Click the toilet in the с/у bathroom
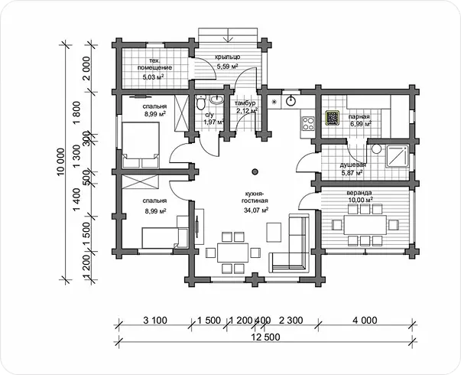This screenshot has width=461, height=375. (x=201, y=102)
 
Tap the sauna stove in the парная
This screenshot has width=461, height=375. (x=333, y=118)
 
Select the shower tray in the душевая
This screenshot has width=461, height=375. (x=398, y=156)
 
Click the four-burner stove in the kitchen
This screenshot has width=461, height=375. (x=307, y=123)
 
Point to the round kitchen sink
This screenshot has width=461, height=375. (x=291, y=100)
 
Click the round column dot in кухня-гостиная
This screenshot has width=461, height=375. (x=255, y=171)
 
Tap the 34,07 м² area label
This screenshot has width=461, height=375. (x=255, y=210)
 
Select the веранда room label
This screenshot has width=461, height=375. (x=359, y=193)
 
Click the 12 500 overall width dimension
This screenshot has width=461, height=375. (x=266, y=337)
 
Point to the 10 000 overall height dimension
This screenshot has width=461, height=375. (x=60, y=162)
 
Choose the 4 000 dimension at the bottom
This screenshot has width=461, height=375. (x=365, y=320)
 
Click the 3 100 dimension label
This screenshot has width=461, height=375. (x=155, y=320)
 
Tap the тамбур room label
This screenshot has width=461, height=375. (x=245, y=103)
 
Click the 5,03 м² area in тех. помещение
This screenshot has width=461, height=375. (x=153, y=77)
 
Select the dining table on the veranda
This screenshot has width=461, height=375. (x=365, y=225)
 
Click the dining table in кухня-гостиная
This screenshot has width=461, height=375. (x=233, y=253)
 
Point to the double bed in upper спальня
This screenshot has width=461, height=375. (x=141, y=145)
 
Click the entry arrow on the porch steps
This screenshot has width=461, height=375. (x=228, y=35)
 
